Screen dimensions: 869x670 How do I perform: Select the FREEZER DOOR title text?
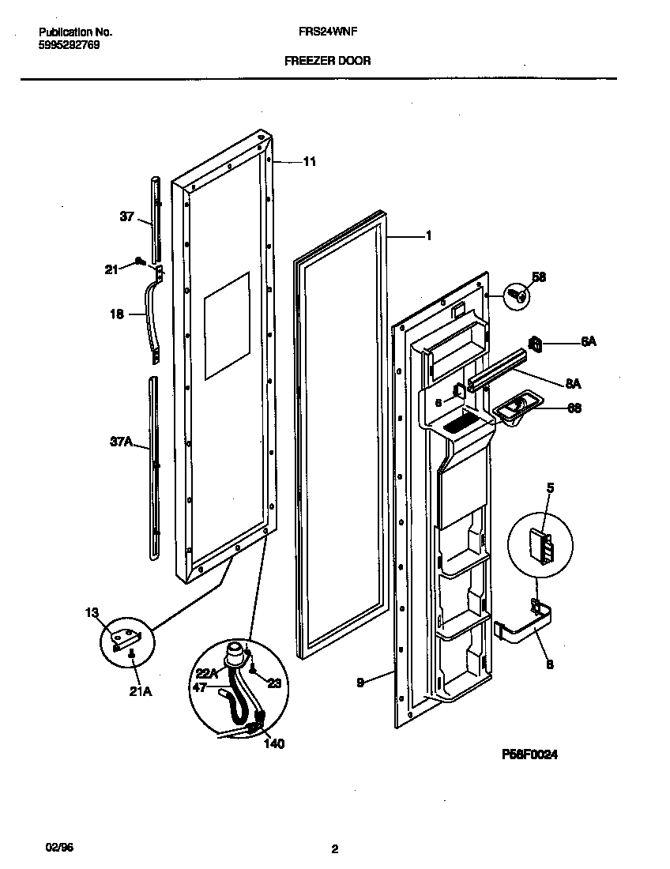[x=327, y=61]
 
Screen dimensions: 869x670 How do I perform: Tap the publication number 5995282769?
[x=70, y=46]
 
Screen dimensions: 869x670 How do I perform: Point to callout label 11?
[x=309, y=161]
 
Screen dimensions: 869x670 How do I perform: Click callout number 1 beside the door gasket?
[x=427, y=235]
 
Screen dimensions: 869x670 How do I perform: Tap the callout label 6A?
[x=588, y=342]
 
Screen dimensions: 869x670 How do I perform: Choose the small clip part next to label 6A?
[x=536, y=343]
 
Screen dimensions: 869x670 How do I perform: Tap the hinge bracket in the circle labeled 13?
[x=126, y=635]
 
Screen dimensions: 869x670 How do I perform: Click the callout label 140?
[x=274, y=743]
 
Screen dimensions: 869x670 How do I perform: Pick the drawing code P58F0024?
[x=529, y=755]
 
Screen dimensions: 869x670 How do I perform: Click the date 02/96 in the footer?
[x=50, y=846]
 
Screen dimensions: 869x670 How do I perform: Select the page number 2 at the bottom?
[x=335, y=850]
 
